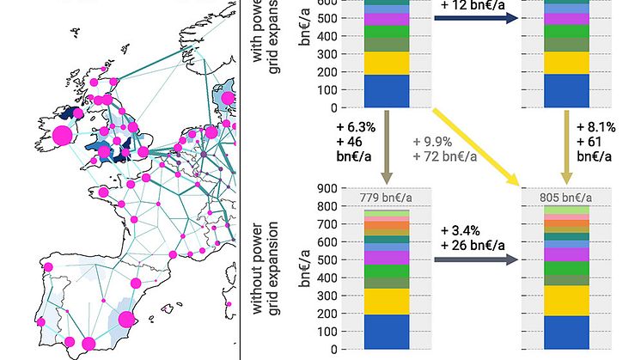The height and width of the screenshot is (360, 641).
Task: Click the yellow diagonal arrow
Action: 477,145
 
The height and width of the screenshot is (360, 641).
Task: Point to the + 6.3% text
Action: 355,128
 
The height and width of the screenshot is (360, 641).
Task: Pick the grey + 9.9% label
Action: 432,142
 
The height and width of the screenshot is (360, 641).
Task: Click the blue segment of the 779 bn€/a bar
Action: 387,331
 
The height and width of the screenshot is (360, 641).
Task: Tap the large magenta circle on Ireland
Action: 62,135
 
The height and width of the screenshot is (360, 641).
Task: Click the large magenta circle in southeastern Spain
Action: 125,320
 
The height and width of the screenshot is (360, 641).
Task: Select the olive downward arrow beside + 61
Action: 566,142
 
